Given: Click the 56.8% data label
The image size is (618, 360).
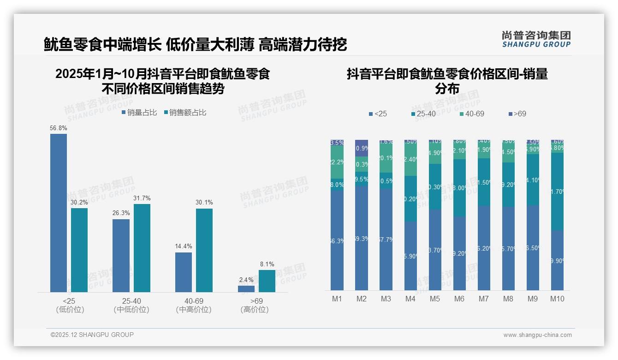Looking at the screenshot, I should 59,128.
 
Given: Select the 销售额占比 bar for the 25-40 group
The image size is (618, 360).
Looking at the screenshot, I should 142,248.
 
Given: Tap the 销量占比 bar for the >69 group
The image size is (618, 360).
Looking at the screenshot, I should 246,289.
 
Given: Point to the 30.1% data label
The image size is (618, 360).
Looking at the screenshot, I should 204,203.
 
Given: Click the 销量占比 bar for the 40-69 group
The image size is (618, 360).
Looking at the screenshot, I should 184,272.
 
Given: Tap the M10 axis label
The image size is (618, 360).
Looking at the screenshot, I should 557,299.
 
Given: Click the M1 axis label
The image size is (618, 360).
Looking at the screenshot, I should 337,299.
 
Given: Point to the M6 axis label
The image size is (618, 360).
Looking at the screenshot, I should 459,299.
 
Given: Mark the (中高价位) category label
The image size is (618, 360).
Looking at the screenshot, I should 194,310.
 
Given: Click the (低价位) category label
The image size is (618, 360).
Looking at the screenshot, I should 70,310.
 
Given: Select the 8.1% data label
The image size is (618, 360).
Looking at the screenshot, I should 267,264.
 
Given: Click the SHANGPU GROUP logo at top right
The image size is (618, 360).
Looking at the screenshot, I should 536,39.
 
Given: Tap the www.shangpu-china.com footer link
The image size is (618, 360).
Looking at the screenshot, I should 537,335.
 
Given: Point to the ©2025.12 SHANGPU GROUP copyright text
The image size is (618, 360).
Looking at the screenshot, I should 92,335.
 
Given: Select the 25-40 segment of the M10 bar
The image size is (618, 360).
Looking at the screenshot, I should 557,192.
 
